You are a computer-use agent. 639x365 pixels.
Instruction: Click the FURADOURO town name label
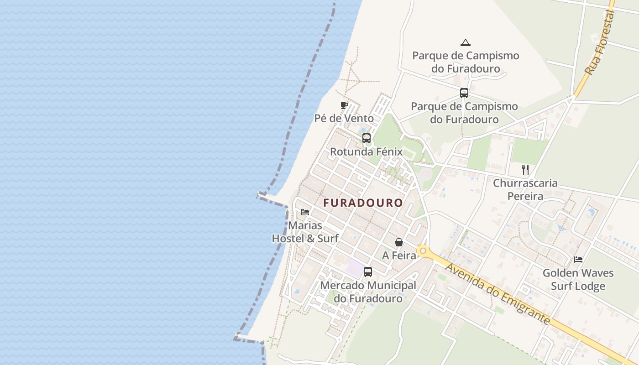pos(363,203)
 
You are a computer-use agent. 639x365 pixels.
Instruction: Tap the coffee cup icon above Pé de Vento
pos(344,105)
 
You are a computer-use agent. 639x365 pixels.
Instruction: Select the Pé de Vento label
pos(344,119)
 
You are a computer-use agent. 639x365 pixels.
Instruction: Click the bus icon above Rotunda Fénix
pos(367,138)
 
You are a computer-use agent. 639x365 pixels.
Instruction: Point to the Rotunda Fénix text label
pos(366,152)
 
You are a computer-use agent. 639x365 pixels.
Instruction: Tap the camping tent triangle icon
pos(466,43)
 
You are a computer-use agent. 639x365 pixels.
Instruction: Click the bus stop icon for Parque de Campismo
pos(464,93)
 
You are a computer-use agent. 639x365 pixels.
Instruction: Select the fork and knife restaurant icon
pos(525,170)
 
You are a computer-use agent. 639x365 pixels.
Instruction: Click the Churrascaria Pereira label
pos(525,189)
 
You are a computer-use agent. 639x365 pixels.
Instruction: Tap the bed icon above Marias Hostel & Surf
pos(305,212)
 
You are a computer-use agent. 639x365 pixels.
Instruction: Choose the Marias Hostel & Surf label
pos(305,232)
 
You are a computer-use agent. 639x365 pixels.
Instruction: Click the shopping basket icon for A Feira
pos(399,242)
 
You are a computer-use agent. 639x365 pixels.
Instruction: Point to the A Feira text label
pos(399,255)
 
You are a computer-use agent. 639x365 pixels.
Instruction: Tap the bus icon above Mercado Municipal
pos(368,272)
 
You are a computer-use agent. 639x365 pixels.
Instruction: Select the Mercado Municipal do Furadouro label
pos(368,292)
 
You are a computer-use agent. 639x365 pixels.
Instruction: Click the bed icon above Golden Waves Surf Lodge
pos(578,260)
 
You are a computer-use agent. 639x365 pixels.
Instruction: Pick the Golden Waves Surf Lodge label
pos(578,280)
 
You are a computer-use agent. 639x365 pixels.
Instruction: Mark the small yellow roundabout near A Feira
pos(423,250)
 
